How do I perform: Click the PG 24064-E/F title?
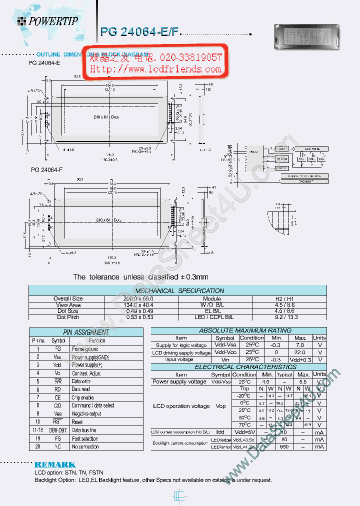139,32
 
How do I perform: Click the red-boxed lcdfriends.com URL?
155,69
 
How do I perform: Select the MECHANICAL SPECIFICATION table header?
179,290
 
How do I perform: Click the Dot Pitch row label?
68,317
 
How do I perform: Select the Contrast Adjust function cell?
86,373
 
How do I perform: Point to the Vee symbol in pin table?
57,413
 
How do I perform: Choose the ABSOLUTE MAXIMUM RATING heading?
231,330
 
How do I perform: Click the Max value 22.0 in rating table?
300,352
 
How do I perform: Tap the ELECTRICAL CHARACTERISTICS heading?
231,366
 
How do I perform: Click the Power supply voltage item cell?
179,381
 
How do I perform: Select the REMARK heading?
55,464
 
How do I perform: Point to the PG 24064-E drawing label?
46,63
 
